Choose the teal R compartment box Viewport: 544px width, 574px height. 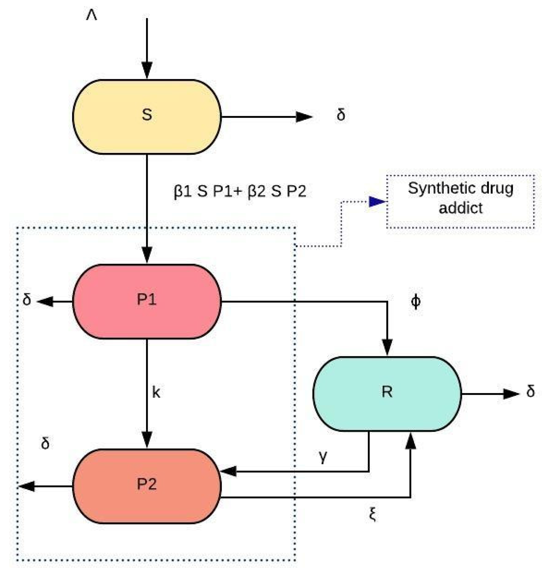point(387,394)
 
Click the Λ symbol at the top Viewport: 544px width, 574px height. point(91,15)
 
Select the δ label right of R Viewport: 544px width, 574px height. point(530,391)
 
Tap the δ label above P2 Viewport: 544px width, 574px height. point(45,443)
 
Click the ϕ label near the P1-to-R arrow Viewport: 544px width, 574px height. point(415,302)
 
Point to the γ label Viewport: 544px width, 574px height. point(323,457)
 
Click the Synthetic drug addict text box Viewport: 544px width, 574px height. point(461,201)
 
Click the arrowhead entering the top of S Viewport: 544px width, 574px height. point(147,70)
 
